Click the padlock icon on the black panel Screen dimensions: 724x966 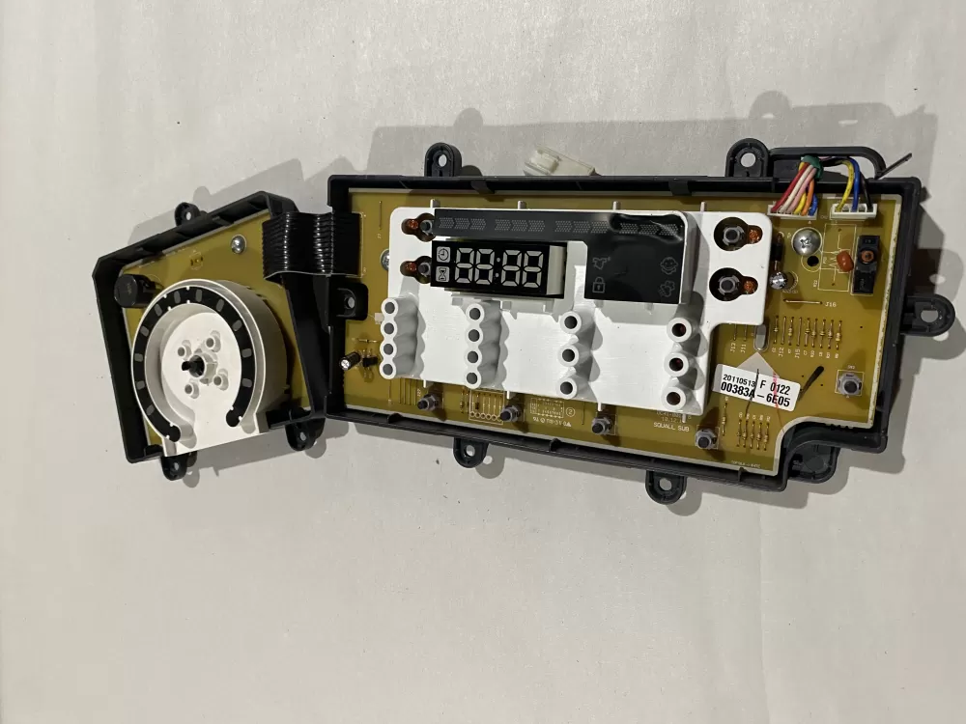(x=599, y=285)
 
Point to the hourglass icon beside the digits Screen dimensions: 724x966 (x=442, y=277)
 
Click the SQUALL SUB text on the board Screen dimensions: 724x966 (x=670, y=423)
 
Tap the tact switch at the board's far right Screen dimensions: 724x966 (x=850, y=385)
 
